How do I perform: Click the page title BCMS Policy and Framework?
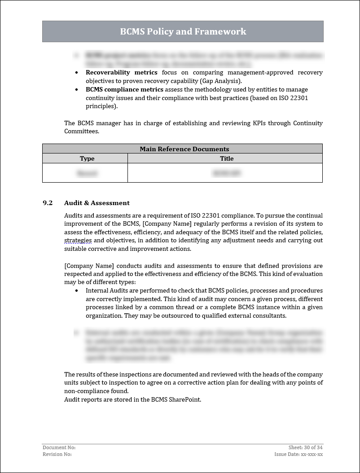pyautogui.click(x=183, y=31)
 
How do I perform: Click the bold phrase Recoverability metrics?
pyautogui.click(x=121, y=73)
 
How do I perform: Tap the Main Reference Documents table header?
pyautogui.click(x=184, y=149)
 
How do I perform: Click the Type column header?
pyautogui.click(x=87, y=158)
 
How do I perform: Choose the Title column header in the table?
pyautogui.click(x=227, y=158)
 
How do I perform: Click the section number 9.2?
pyautogui.click(x=48, y=203)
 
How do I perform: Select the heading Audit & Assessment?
pyautogui.click(x=97, y=203)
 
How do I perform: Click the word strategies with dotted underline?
pyautogui.click(x=78, y=241)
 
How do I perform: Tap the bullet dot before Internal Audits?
pyautogui.click(x=76, y=291)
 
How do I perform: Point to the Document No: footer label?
pyautogui.click(x=59, y=447)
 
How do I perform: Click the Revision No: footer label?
pyautogui.click(x=57, y=454)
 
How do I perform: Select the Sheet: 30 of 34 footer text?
pyautogui.click(x=305, y=447)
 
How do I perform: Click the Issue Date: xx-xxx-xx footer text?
pyautogui.click(x=299, y=454)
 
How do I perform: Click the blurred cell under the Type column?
pyautogui.click(x=87, y=173)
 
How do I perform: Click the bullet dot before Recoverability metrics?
pyautogui.click(x=76, y=73)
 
